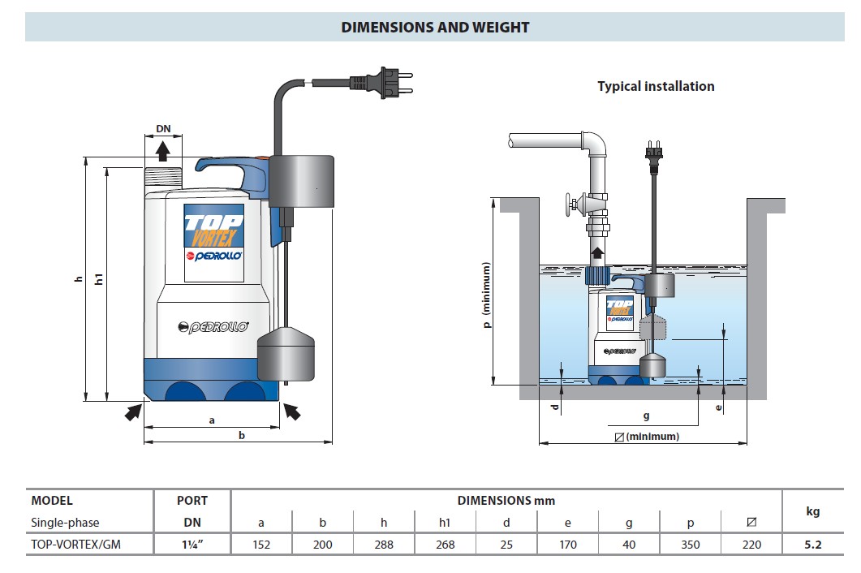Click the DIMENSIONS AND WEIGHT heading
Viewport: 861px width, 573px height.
[435, 27]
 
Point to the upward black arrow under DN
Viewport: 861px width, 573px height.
[163, 149]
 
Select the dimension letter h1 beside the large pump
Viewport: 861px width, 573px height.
[99, 279]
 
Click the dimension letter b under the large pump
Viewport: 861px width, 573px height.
[241, 435]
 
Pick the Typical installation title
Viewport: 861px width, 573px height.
[656, 86]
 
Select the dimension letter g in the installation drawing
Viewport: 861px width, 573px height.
[646, 416]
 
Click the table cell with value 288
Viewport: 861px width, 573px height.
[384, 545]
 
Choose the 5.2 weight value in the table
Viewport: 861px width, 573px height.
[812, 545]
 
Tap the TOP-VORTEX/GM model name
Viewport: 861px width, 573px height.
[75, 545]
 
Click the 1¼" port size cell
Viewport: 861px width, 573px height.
[192, 545]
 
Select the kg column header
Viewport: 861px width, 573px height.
[812, 511]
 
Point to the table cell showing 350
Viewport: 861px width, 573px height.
[691, 545]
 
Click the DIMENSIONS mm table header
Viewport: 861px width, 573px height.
[506, 501]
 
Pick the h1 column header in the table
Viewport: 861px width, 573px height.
[445, 523]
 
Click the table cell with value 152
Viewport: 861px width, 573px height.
[261, 545]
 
